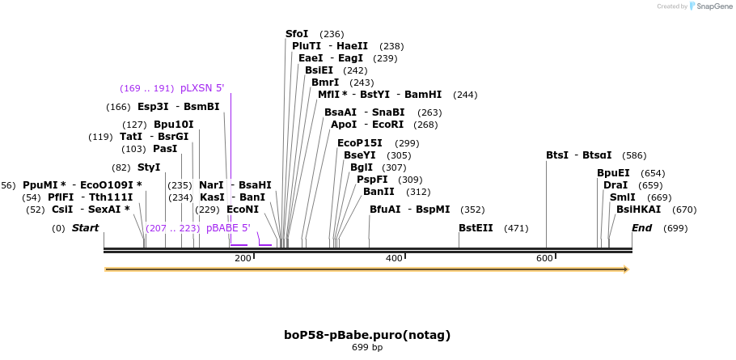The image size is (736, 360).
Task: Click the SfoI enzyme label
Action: [297, 34]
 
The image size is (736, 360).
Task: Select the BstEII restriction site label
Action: [476, 228]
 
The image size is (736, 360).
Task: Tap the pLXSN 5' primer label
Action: [202, 88]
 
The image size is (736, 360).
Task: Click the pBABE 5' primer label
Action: [228, 228]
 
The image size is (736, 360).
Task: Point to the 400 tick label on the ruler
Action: [394, 258]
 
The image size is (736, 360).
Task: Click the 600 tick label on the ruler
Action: [544, 258]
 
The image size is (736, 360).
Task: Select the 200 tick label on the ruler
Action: [243, 258]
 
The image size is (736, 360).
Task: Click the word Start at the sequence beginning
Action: [85, 228]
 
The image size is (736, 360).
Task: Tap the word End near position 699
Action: [641, 228]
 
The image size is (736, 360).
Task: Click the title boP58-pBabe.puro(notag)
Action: [367, 334]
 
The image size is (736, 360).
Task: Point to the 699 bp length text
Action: [367, 347]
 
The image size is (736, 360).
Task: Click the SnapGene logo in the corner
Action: [710, 6]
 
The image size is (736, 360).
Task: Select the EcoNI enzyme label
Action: [243, 210]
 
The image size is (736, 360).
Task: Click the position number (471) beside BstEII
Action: [515, 228]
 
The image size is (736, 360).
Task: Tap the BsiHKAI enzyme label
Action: [638, 210]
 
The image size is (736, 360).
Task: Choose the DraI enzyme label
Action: [615, 185]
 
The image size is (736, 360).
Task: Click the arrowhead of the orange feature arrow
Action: [625, 269]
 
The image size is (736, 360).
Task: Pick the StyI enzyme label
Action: [149, 167]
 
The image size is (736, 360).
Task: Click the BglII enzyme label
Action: [361, 167]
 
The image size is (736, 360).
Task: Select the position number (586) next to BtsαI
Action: [634, 155]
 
